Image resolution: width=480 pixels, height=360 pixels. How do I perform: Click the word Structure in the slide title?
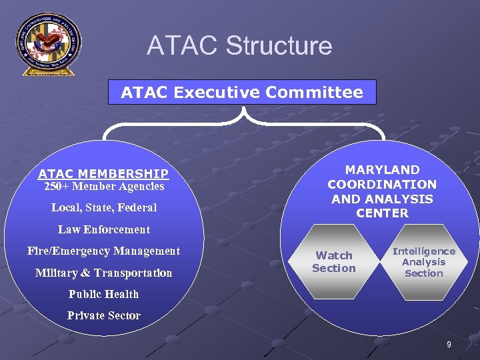pyautogui.click(x=279, y=46)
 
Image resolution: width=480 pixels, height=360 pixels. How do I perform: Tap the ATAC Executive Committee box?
pyautogui.click(x=242, y=92)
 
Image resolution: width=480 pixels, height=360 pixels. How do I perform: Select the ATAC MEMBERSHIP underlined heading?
pyautogui.click(x=103, y=174)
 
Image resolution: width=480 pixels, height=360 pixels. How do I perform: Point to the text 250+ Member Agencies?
pyautogui.click(x=104, y=187)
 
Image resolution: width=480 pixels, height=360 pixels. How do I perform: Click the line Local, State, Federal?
pyautogui.click(x=104, y=207)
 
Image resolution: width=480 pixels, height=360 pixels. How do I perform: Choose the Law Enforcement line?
pyautogui.click(x=104, y=229)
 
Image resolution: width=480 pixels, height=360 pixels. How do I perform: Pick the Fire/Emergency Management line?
pyautogui.click(x=104, y=251)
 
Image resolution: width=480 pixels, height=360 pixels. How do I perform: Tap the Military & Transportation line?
pyautogui.click(x=104, y=273)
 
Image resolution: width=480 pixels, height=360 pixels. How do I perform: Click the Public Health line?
pyautogui.click(x=104, y=294)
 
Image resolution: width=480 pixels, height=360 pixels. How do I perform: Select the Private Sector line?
pyautogui.click(x=104, y=315)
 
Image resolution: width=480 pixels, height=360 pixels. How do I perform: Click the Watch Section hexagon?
pyautogui.click(x=334, y=262)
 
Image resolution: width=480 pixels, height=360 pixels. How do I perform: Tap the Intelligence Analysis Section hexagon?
pyautogui.click(x=424, y=262)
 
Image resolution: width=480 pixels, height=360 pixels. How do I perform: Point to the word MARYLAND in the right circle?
pyautogui.click(x=382, y=170)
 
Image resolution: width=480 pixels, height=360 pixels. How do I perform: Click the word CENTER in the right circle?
pyautogui.click(x=382, y=213)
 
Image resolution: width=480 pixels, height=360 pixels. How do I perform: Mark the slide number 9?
pyautogui.click(x=449, y=345)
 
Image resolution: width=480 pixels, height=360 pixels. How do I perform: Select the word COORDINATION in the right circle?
pyautogui.click(x=382, y=185)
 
